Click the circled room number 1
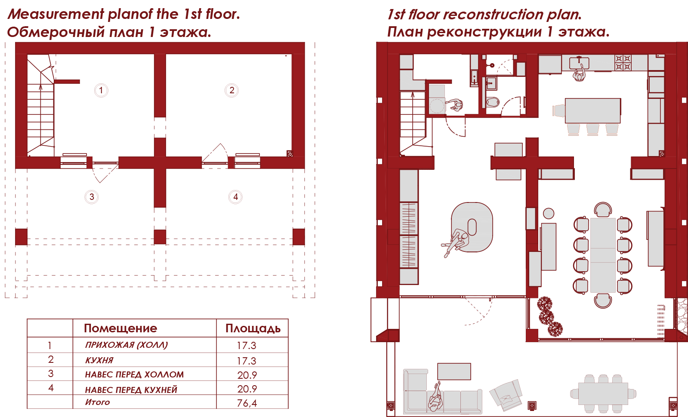click(101, 90)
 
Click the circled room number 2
click(231, 90)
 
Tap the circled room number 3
click(92, 197)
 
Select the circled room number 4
click(235, 197)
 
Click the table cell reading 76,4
click(247, 403)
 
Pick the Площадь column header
click(253, 328)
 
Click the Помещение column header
click(120, 328)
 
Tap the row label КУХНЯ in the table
click(99, 360)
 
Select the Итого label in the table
click(98, 402)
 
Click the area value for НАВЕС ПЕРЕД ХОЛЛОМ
click(247, 375)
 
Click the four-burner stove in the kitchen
click(623, 63)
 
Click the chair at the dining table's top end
click(603, 210)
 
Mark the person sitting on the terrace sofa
click(435, 398)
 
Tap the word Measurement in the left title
click(56, 14)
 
